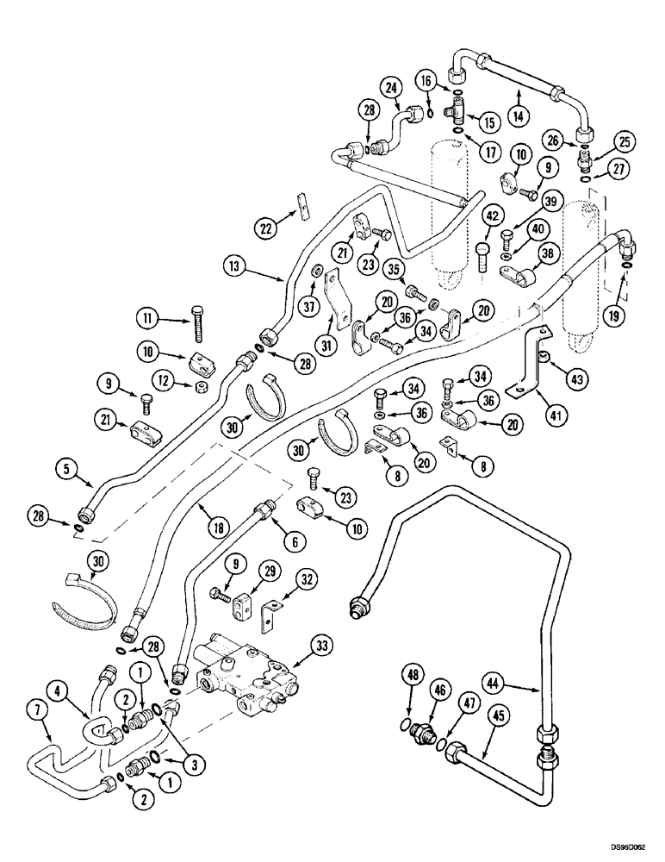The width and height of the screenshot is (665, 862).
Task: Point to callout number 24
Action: tap(395, 87)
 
